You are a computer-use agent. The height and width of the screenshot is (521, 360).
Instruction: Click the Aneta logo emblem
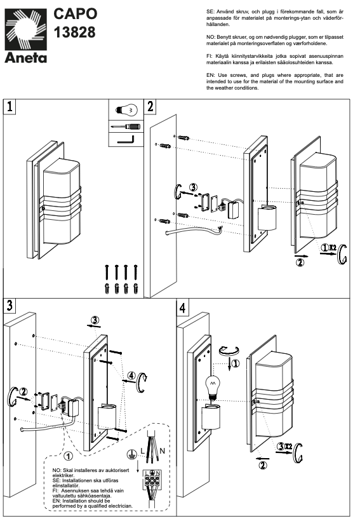coord(25,30)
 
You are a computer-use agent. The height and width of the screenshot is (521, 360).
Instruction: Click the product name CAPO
coord(76,14)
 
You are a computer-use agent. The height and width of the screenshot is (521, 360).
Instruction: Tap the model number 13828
coord(74,32)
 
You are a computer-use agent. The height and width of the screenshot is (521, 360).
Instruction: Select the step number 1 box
coord(10,107)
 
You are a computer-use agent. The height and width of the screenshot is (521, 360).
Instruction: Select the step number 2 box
coord(150,107)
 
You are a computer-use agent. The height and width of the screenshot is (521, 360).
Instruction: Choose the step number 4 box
coord(182,308)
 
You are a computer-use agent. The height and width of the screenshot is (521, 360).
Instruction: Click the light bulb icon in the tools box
coord(126,109)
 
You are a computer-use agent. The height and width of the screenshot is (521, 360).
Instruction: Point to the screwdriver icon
coord(126,126)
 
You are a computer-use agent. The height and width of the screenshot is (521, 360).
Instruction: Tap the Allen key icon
coord(126,140)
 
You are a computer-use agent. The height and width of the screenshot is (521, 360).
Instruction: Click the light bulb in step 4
coord(213,387)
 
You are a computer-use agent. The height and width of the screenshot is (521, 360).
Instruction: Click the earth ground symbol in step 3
coord(131,454)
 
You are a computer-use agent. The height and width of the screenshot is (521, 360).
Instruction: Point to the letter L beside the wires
coord(142,451)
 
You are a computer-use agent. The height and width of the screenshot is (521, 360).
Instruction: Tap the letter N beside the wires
coord(162,451)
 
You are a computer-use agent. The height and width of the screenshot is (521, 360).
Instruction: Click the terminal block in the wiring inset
coord(152,480)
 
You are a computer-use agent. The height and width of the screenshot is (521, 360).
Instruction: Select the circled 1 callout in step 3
coord(68,456)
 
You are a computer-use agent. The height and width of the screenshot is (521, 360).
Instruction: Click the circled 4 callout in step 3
coord(132,376)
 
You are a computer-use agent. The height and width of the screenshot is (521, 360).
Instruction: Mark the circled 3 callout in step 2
coord(193,187)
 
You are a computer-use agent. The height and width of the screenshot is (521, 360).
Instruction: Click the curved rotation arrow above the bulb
coord(229,351)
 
